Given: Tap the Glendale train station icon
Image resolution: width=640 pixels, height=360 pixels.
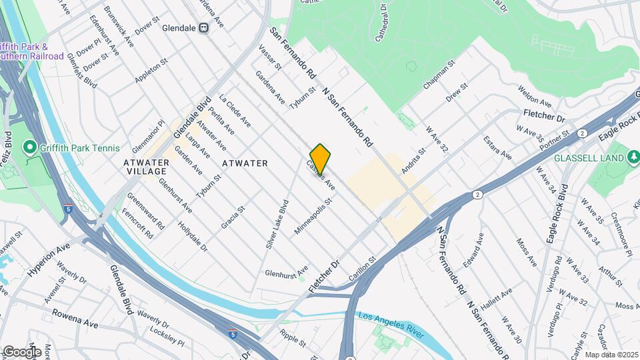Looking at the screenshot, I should pos(204,27).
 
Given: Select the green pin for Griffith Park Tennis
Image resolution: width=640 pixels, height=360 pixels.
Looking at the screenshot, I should pos(29,148).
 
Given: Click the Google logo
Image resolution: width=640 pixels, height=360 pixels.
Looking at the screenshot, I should pos(21,352).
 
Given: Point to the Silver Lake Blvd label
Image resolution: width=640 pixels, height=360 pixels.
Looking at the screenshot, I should pos(277,224).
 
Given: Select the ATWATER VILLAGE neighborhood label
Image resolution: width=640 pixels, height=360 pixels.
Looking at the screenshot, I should pos(145,167).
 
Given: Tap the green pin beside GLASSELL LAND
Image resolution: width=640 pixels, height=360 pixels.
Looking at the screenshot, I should pos(633,158).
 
